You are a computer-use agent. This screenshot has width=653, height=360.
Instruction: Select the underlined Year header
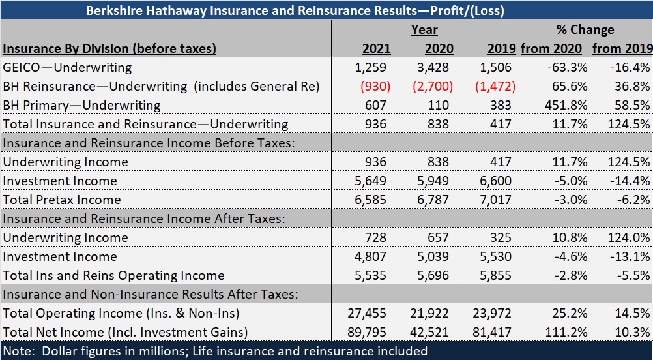pyautogui.click(x=424, y=29)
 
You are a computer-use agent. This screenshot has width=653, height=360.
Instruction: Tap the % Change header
pyautogui.click(x=585, y=29)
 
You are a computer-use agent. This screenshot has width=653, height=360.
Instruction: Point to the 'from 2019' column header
pyautogui.click(x=622, y=48)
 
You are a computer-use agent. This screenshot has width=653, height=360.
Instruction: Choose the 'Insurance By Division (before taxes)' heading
pyautogui.click(x=109, y=48)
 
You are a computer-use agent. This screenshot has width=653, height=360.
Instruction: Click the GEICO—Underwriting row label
pyautogui.click(x=67, y=67)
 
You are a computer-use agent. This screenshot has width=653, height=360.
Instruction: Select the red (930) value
pyautogui.click(x=371, y=86)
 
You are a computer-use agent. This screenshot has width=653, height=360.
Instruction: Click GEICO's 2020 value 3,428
pyautogui.click(x=438, y=67)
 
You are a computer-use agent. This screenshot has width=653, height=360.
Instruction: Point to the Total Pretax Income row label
pyautogui.click(x=62, y=200)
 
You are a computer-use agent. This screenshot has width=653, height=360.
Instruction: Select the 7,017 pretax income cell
pyautogui.click(x=497, y=200)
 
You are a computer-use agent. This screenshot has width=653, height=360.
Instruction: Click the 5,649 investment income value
pyautogui.click(x=371, y=181)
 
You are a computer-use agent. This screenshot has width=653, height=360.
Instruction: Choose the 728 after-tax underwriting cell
pyautogui.click(x=376, y=237)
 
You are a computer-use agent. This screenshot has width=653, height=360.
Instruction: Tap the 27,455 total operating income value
pyautogui.click(x=368, y=313)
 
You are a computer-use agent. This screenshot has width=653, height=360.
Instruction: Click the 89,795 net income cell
pyautogui.click(x=368, y=332)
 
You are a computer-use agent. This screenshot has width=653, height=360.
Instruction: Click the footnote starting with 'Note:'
pyautogui.click(x=215, y=351)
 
